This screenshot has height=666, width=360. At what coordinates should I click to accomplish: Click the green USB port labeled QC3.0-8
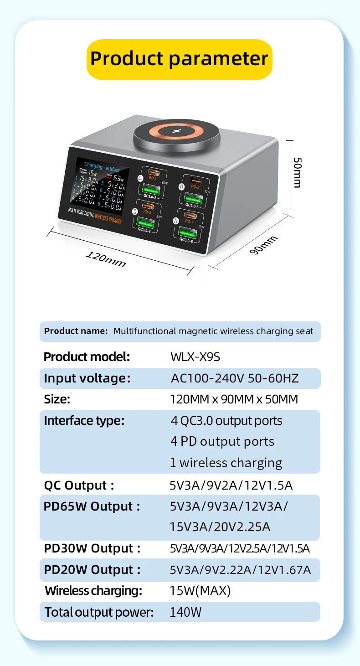coord(187,232)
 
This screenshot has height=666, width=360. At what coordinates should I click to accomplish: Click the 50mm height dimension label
coord(297,172)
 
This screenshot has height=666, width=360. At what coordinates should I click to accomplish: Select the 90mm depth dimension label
coord(263,245)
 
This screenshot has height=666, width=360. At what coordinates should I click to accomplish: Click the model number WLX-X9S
coord(195,357)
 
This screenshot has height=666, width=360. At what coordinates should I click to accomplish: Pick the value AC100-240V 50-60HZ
coord(235,378)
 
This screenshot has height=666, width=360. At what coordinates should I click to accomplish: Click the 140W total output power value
coord(185,612)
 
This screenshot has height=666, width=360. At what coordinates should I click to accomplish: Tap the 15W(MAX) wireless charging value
coord(200,591)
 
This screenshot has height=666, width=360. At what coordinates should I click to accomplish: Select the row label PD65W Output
coord(92,506)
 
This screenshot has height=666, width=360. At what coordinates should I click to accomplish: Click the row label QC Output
coord(78,485)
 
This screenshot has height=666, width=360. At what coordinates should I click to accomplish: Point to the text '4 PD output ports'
coord(222,441)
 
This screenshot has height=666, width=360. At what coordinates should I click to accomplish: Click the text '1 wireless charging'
coord(226,463)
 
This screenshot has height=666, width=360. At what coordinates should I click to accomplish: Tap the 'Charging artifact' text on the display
coord(102,167)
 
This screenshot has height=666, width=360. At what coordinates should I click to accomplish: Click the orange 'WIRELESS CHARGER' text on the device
coord(108,218)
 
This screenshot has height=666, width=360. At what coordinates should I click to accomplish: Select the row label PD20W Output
coord(92,570)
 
